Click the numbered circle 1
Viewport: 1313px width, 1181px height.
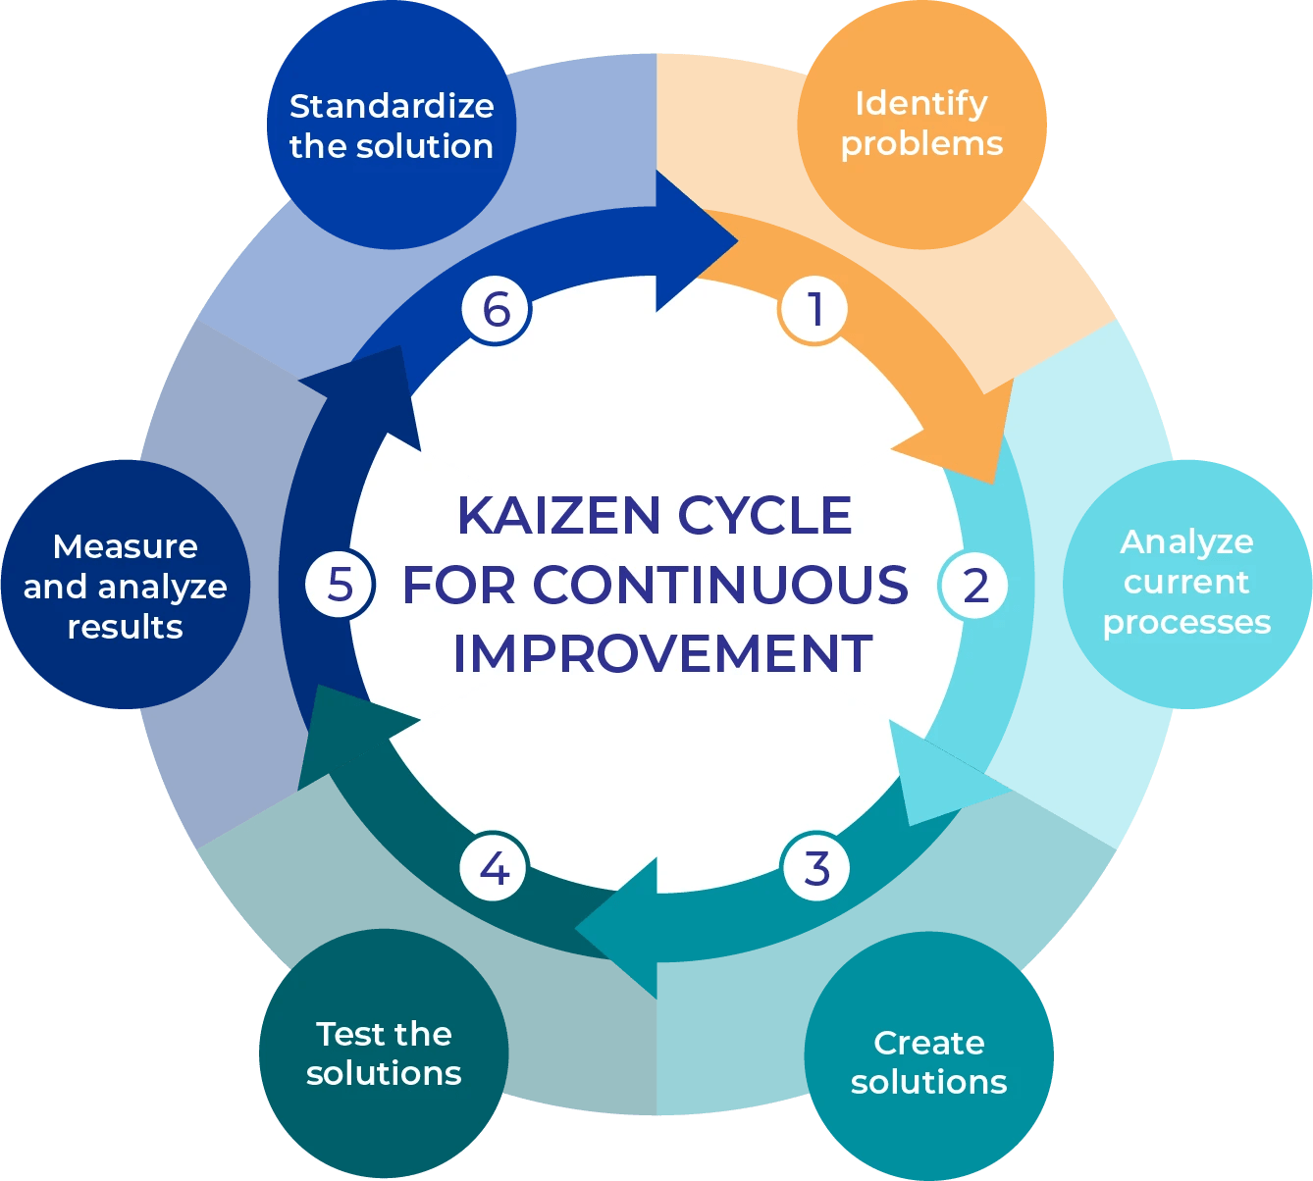(x=814, y=310)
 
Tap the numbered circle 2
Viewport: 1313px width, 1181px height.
(x=974, y=586)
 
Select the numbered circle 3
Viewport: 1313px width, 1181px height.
(x=816, y=868)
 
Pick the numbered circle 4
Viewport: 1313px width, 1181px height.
(x=495, y=868)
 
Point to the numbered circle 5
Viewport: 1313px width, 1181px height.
(x=340, y=585)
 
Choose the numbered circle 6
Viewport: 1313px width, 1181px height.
(x=497, y=310)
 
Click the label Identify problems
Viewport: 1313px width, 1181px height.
(x=921, y=124)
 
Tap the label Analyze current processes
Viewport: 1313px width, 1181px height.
(x=1186, y=582)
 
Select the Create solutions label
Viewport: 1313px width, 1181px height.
(x=928, y=1062)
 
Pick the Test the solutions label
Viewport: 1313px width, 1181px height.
(x=384, y=1053)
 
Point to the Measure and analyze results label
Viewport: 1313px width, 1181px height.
(x=126, y=587)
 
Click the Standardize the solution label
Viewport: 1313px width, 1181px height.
(x=392, y=126)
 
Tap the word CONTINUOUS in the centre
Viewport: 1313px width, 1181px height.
(x=720, y=585)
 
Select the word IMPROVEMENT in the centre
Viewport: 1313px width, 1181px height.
(x=662, y=654)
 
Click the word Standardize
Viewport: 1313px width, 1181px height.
(x=392, y=106)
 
